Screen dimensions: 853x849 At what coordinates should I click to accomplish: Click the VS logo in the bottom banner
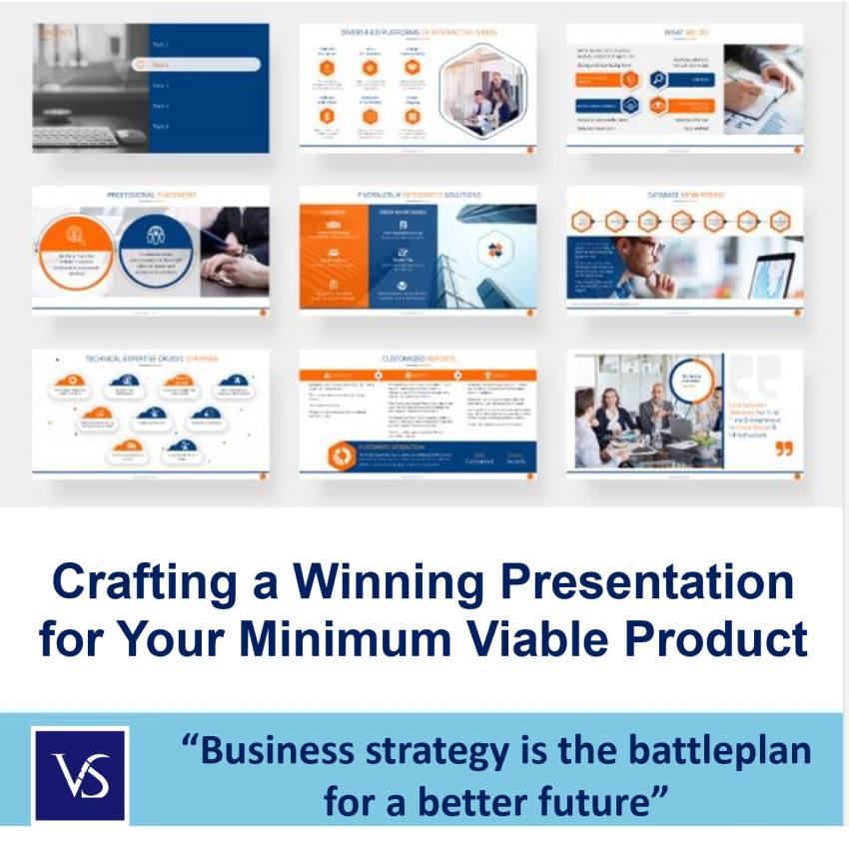pos(79,774)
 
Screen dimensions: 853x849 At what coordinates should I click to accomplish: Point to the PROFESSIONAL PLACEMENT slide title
pos(151,195)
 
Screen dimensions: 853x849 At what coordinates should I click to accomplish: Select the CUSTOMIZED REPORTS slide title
pos(418,358)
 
